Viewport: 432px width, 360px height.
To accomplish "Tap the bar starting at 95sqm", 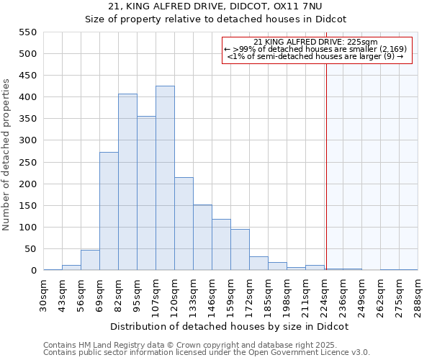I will pyautogui.click(x=146, y=193).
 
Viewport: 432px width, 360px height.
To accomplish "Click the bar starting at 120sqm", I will pyautogui.click(x=184, y=224).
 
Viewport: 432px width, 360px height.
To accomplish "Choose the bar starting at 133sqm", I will pyautogui.click(x=202, y=238).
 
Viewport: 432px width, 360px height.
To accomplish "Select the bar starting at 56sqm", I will pyautogui.click(x=90, y=260).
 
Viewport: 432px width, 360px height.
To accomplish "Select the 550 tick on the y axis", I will pyautogui.click(x=28, y=32).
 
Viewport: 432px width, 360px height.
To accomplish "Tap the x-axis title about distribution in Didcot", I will pyautogui.click(x=230, y=326).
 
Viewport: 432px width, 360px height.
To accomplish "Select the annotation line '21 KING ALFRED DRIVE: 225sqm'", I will pyautogui.click(x=317, y=42).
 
